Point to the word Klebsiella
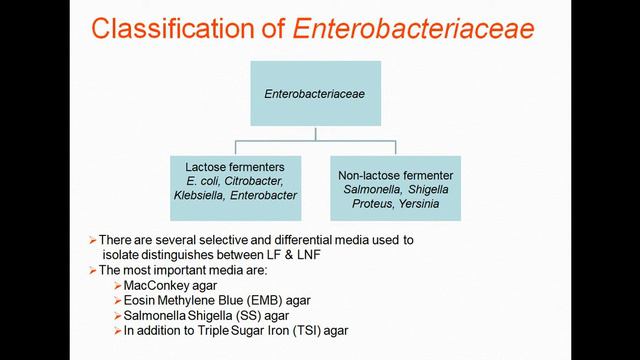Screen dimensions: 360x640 pos(203,197)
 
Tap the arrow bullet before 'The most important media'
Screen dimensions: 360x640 pos(92,269)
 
